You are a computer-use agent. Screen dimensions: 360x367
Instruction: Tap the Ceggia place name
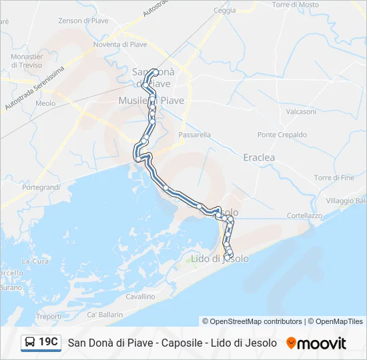(224, 10)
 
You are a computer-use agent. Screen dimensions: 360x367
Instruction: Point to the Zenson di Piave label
(83, 21)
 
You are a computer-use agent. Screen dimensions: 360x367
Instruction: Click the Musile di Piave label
(151, 100)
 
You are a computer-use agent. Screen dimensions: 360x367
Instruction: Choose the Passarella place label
(195, 135)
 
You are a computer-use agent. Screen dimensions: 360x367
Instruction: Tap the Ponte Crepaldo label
(282, 135)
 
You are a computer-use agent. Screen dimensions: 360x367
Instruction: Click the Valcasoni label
(301, 112)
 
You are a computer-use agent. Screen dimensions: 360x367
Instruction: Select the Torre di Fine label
(334, 178)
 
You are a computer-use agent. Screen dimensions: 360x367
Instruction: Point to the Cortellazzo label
(304, 215)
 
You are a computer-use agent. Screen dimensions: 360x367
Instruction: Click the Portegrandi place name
(41, 188)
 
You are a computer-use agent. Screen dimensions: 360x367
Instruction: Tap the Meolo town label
(45, 103)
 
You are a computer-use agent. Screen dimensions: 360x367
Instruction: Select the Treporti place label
(48, 317)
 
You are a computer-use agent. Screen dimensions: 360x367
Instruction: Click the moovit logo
(316, 343)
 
